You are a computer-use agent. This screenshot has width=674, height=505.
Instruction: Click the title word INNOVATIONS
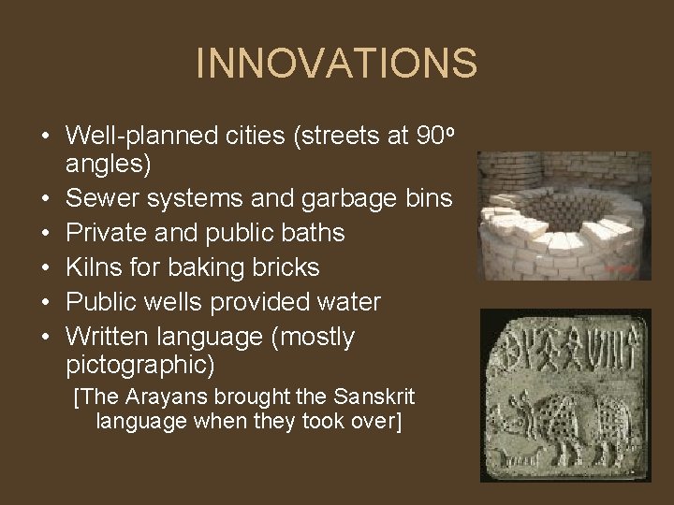[336, 64]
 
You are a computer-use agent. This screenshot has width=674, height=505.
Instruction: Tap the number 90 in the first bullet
[429, 137]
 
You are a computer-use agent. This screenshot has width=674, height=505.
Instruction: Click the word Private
[108, 233]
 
